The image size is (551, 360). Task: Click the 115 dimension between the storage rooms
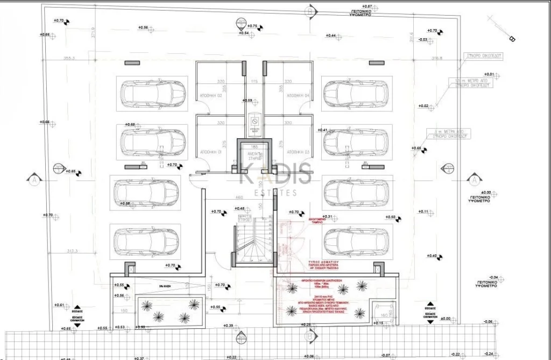[255, 82]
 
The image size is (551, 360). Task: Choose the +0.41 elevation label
[323, 130]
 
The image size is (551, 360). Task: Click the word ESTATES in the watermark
[275, 192]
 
